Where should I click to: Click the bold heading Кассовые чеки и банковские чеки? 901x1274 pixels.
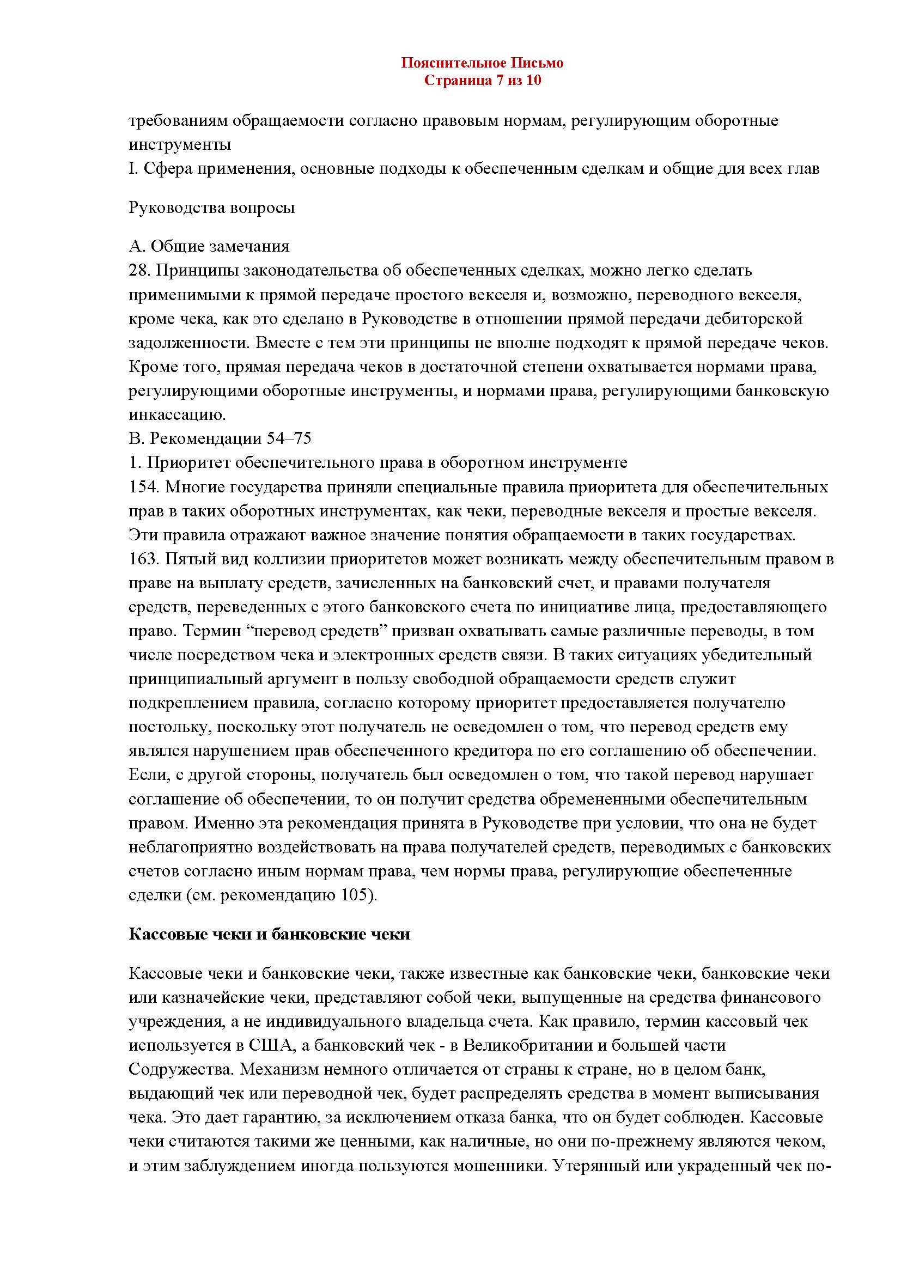pyautogui.click(x=269, y=935)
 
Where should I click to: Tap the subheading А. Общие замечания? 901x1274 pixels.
pyautogui.click(x=209, y=246)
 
